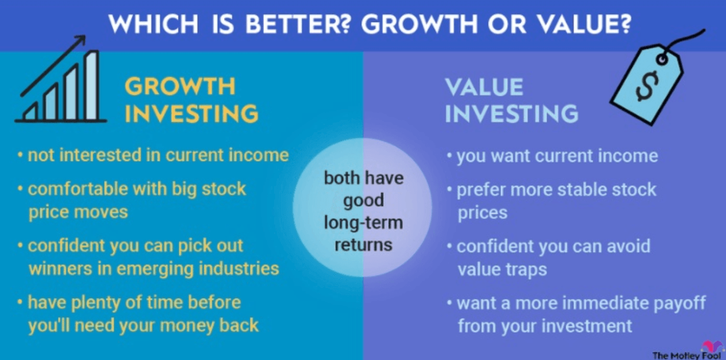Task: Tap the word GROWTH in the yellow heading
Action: point(180,87)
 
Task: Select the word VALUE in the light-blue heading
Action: point(485,87)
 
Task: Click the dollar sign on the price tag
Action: point(647,86)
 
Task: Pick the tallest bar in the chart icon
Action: point(92,85)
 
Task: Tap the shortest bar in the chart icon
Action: point(31,111)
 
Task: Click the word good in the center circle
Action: point(364,201)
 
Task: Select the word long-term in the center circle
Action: point(364,223)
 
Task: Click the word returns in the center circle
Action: point(364,245)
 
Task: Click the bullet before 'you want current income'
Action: point(449,156)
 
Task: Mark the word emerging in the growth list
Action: point(155,269)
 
